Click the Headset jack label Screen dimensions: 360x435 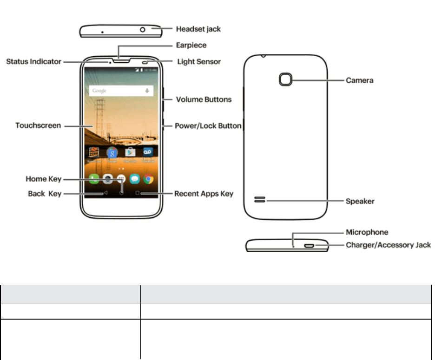tap(198, 29)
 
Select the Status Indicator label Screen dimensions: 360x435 tap(33, 61)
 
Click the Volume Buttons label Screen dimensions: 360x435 tap(203, 99)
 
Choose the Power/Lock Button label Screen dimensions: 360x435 tap(208, 125)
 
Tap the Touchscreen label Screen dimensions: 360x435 tap(38, 125)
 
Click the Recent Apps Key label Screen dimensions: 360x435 tap(204, 193)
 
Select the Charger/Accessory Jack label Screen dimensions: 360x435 tap(388, 245)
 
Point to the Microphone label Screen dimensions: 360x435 tap(367, 232)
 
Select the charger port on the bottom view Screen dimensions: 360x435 tap(309, 245)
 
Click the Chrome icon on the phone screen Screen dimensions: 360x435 tap(148, 178)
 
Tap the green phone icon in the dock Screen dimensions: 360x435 tap(94, 178)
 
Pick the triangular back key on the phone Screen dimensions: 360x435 tap(105, 193)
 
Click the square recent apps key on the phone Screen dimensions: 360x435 tap(137, 193)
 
